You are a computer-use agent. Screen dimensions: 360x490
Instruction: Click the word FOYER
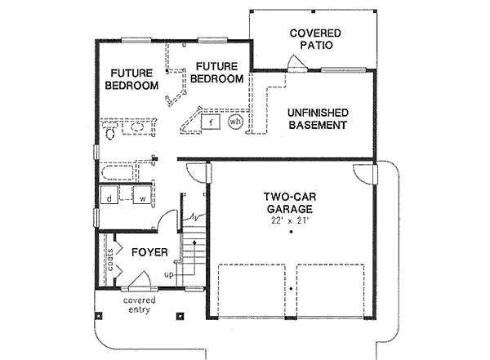pos(149,252)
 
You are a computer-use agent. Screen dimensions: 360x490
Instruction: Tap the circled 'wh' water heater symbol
pos(235,122)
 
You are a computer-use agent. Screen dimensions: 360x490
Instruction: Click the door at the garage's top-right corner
pos(362,172)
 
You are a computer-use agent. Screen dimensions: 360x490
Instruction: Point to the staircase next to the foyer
pos(192,253)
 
